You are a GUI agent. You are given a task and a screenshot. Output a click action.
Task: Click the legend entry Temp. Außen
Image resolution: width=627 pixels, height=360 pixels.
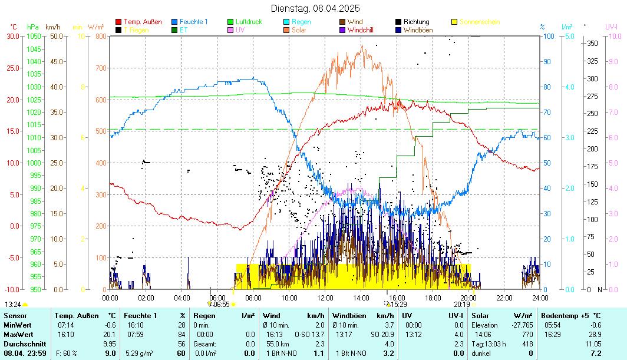(x=143, y=22)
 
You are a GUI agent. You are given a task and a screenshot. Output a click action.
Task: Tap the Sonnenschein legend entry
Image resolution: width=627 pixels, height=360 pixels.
(x=479, y=22)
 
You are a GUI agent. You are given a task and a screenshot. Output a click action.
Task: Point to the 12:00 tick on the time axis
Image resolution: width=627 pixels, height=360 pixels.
(x=325, y=298)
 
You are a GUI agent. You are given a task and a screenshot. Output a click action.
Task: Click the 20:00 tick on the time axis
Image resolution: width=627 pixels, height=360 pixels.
(x=468, y=298)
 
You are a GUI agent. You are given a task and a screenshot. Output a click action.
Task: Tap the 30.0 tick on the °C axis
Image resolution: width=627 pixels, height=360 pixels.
(x=13, y=36)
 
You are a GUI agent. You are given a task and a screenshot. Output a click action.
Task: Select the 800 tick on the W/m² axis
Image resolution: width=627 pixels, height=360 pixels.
(x=101, y=36)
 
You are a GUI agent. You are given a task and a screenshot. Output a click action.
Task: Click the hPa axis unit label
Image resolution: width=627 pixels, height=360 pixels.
(x=32, y=27)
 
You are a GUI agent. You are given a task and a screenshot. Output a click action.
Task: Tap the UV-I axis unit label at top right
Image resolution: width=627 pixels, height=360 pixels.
(x=611, y=27)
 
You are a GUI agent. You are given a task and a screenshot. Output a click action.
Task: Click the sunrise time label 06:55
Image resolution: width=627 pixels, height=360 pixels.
(x=221, y=305)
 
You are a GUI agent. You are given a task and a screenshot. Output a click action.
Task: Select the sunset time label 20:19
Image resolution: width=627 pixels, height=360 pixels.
(x=462, y=305)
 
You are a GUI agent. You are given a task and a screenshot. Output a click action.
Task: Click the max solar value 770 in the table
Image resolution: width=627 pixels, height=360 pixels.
(x=510, y=334)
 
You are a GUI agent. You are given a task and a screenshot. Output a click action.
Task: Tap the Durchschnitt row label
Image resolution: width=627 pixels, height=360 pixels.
(x=22, y=344)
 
